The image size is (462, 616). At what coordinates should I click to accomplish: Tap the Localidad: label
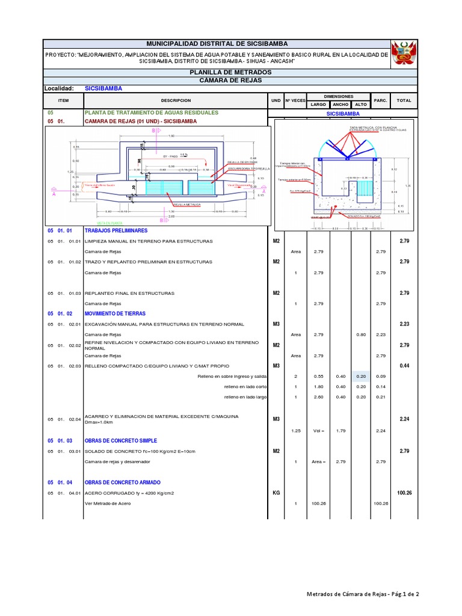tap(59, 88)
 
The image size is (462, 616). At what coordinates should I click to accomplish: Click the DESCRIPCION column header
tap(176, 101)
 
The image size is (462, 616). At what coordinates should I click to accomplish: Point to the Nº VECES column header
tap(295, 101)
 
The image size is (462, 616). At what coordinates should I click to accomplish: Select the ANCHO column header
tap(340, 105)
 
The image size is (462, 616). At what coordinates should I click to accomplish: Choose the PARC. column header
tap(380, 101)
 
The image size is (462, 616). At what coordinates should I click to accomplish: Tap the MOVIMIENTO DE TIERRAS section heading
tap(115, 313)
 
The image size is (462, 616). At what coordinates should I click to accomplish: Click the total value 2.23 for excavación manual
tap(404, 324)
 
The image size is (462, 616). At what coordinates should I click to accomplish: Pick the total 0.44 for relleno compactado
tap(404, 366)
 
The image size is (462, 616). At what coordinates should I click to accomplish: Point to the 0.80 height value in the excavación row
tap(360, 335)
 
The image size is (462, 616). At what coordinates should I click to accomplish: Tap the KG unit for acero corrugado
tap(277, 493)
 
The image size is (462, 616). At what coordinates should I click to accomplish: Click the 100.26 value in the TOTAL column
tap(404, 493)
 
